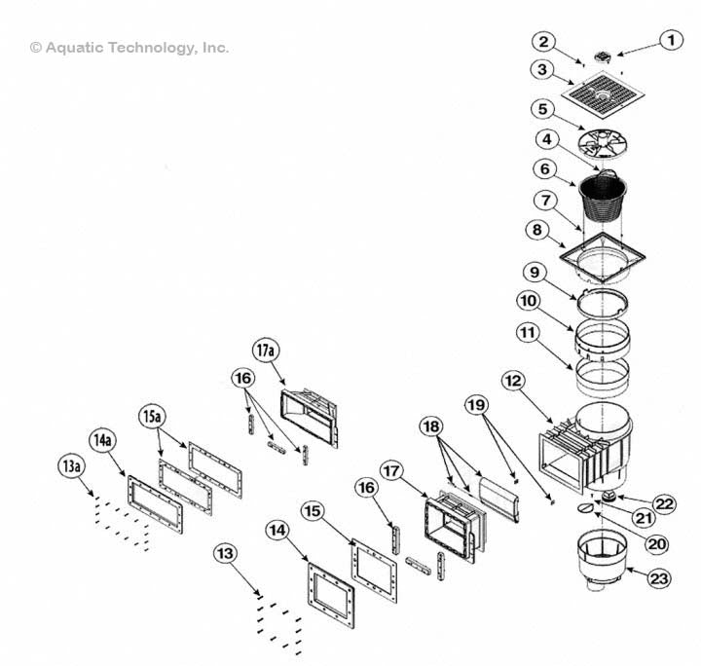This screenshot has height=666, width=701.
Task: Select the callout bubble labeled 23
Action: tap(660, 577)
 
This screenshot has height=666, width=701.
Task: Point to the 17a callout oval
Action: tap(266, 349)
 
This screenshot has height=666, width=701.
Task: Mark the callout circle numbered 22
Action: tap(664, 502)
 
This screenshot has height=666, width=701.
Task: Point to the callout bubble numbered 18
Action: tap(432, 426)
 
